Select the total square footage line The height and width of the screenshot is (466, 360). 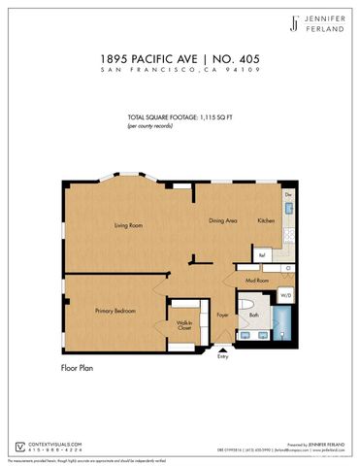click(x=179, y=117)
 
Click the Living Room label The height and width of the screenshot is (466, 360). click(x=128, y=225)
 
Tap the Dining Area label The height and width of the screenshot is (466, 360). click(x=224, y=220)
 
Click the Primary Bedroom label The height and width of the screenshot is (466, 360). click(x=115, y=311)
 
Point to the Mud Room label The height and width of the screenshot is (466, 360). click(x=256, y=280)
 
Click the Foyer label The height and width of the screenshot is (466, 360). click(x=221, y=315)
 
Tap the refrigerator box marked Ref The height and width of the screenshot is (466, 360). click(x=260, y=256)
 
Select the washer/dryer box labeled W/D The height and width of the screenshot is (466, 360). click(x=286, y=294)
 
